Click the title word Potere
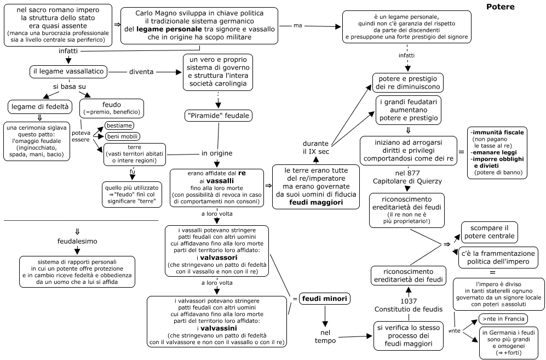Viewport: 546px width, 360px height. click(500, 7)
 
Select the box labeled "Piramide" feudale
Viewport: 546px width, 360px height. click(219, 116)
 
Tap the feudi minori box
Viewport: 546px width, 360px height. click(325, 299)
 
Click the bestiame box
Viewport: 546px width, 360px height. click(119, 125)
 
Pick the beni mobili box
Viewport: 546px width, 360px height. click(122, 136)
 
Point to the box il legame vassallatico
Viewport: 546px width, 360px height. click(68, 71)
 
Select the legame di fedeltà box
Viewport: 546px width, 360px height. click(40, 107)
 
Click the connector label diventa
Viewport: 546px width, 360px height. click(141, 72)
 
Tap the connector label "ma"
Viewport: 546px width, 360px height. click(298, 25)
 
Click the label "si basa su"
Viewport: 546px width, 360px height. click(70, 87)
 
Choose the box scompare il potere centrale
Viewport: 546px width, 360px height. click(489, 232)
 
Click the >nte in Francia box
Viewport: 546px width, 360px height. click(503, 319)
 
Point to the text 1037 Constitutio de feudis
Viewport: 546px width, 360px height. click(409, 305)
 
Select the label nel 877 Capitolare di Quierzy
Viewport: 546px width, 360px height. click(407, 177)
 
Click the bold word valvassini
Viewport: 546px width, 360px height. click(219, 328)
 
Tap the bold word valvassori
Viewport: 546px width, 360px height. click(219, 258)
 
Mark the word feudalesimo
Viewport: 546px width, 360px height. click(77, 241)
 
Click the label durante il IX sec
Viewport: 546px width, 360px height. click(316, 147)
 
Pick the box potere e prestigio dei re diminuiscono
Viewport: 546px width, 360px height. click(408, 83)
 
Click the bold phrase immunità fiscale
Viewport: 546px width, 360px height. click(498, 133)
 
